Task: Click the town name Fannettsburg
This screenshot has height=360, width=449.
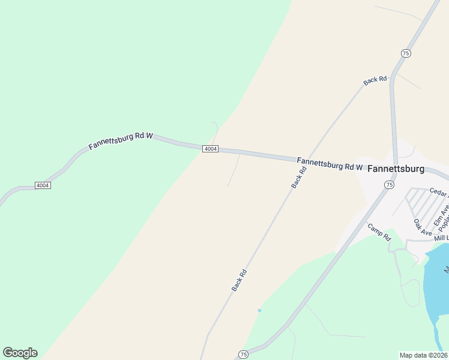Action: tap(396, 169)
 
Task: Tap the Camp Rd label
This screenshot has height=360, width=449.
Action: tap(379, 232)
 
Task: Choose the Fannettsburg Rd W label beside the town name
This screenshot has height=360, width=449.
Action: tap(330, 164)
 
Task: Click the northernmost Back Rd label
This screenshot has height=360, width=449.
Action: tap(375, 80)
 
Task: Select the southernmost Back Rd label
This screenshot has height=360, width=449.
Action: tap(240, 281)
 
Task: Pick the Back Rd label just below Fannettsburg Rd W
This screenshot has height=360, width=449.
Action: tap(299, 178)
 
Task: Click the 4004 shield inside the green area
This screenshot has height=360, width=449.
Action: tap(42, 185)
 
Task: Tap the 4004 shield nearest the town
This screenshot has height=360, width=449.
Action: tap(209, 149)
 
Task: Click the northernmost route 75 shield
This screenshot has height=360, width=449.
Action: tap(406, 53)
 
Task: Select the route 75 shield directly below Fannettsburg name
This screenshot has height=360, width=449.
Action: tap(389, 185)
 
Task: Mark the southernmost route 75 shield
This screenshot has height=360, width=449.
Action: tap(243, 354)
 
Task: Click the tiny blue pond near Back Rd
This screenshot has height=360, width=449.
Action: tap(259, 310)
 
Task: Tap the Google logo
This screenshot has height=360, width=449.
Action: tap(20, 353)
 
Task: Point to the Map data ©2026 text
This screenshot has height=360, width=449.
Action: tap(424, 355)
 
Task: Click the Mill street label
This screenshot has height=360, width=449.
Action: tap(441, 238)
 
